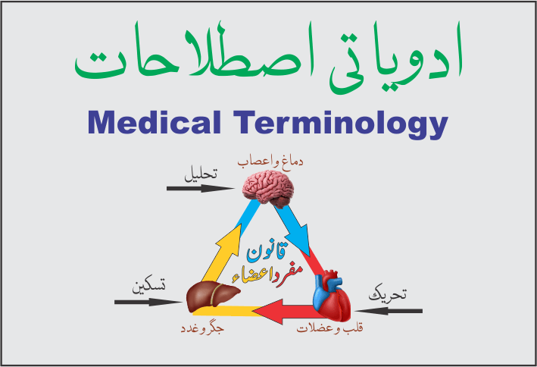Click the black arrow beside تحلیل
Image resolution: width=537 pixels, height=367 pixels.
(x=192, y=187)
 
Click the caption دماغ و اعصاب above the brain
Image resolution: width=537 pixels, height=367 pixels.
(x=265, y=162)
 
